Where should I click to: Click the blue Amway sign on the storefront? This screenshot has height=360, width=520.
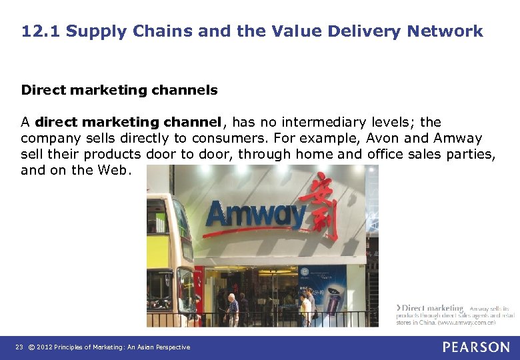[255, 215]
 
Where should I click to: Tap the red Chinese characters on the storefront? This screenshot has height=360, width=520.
[319, 206]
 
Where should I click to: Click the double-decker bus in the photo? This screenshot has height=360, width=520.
[171, 260]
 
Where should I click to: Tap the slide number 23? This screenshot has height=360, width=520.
[19, 347]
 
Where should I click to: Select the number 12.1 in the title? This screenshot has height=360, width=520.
[40, 31]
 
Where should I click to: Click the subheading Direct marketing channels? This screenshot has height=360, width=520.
[119, 89]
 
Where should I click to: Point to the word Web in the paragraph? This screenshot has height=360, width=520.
[113, 170]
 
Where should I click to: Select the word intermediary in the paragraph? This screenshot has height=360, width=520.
[319, 122]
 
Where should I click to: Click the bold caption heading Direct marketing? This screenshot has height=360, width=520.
[433, 308]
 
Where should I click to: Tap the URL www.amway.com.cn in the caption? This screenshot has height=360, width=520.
[466, 323]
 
